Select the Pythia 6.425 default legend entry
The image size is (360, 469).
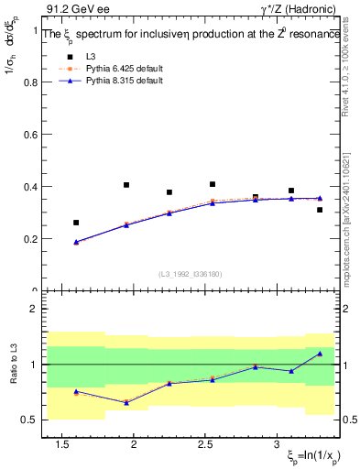(119, 69)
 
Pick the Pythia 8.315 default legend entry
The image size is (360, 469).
(119, 81)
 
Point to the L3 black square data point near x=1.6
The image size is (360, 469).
(77, 223)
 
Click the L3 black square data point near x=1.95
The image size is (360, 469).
(126, 185)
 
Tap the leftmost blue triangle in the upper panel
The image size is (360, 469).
(77, 242)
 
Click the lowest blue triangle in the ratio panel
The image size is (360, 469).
(126, 402)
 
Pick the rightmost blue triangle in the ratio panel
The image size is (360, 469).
(320, 354)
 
